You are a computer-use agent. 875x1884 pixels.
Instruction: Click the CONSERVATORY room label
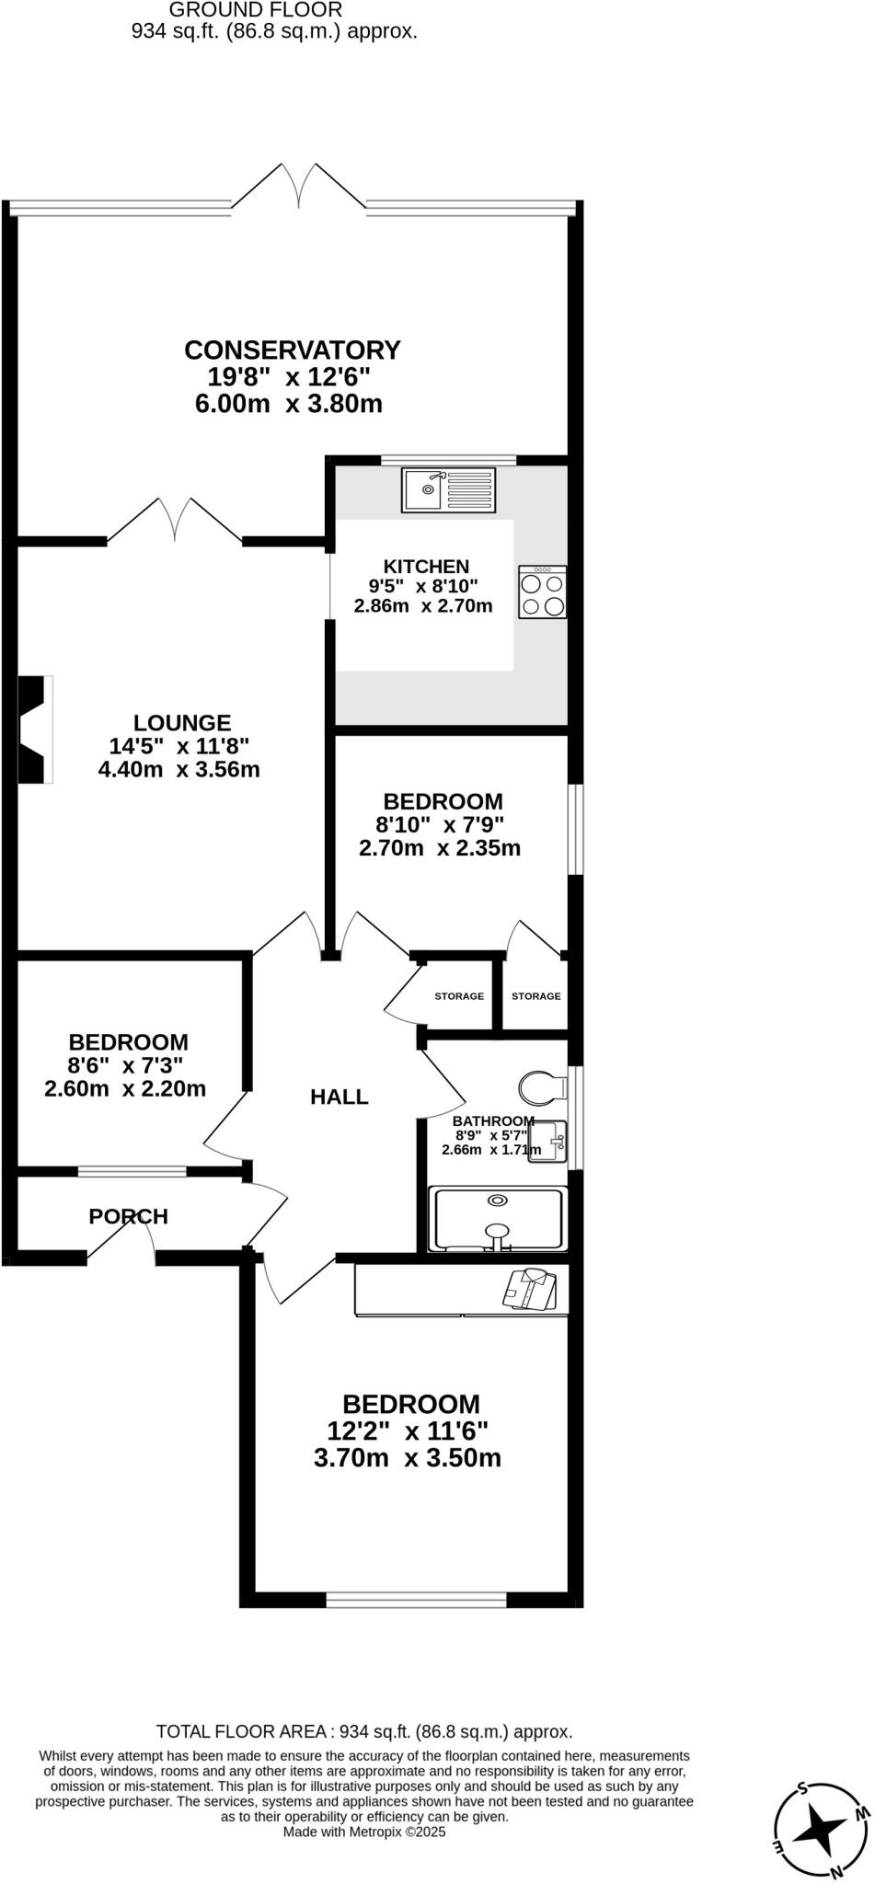pyautogui.click(x=293, y=350)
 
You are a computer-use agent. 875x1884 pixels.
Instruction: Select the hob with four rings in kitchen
pyautogui.click(x=542, y=592)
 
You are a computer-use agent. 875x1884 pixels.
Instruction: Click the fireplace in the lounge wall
pyautogui.click(x=35, y=729)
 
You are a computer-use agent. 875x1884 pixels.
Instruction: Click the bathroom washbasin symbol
pyautogui.click(x=548, y=1141)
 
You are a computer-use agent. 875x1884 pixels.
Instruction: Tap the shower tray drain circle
pyautogui.click(x=498, y=1200)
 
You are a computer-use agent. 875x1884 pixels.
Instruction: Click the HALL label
pyautogui.click(x=339, y=1097)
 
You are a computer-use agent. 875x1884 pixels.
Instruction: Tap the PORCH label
pyautogui.click(x=129, y=1216)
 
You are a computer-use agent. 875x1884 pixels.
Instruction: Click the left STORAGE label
pyautogui.click(x=459, y=996)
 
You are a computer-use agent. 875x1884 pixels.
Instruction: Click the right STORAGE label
pyautogui.click(x=535, y=996)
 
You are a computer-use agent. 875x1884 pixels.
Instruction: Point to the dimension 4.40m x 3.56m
pyautogui.click(x=179, y=770)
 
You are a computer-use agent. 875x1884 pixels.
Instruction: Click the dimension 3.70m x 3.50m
pyautogui.click(x=408, y=1458)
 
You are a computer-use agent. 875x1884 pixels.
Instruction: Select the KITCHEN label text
pyautogui.click(x=426, y=567)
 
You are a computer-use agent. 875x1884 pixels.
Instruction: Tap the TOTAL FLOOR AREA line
pyautogui.click(x=364, y=1731)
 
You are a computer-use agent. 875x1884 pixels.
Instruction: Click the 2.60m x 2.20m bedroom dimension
pyautogui.click(x=125, y=1089)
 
